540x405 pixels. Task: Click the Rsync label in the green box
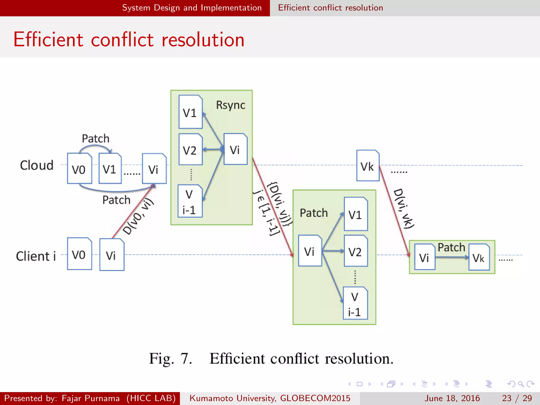230,105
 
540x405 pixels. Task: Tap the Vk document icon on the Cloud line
368,166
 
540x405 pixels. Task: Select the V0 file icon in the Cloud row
79,168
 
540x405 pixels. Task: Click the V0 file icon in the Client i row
79,254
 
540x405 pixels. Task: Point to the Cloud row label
37,165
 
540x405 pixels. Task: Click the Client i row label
36,256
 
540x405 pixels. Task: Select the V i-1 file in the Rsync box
190,201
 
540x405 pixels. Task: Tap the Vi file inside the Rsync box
235,149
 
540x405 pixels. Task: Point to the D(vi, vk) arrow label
404,208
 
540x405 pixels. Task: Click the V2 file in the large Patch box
355,251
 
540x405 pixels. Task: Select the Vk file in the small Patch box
479,257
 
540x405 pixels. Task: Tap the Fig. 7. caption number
171,359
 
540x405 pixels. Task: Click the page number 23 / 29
517,398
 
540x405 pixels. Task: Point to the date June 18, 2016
452,398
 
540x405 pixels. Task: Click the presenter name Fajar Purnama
90,398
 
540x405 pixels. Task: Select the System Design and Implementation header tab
192,8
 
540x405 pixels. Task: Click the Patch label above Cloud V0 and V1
95,138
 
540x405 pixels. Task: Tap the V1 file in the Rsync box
190,112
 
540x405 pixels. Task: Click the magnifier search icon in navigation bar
521,384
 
